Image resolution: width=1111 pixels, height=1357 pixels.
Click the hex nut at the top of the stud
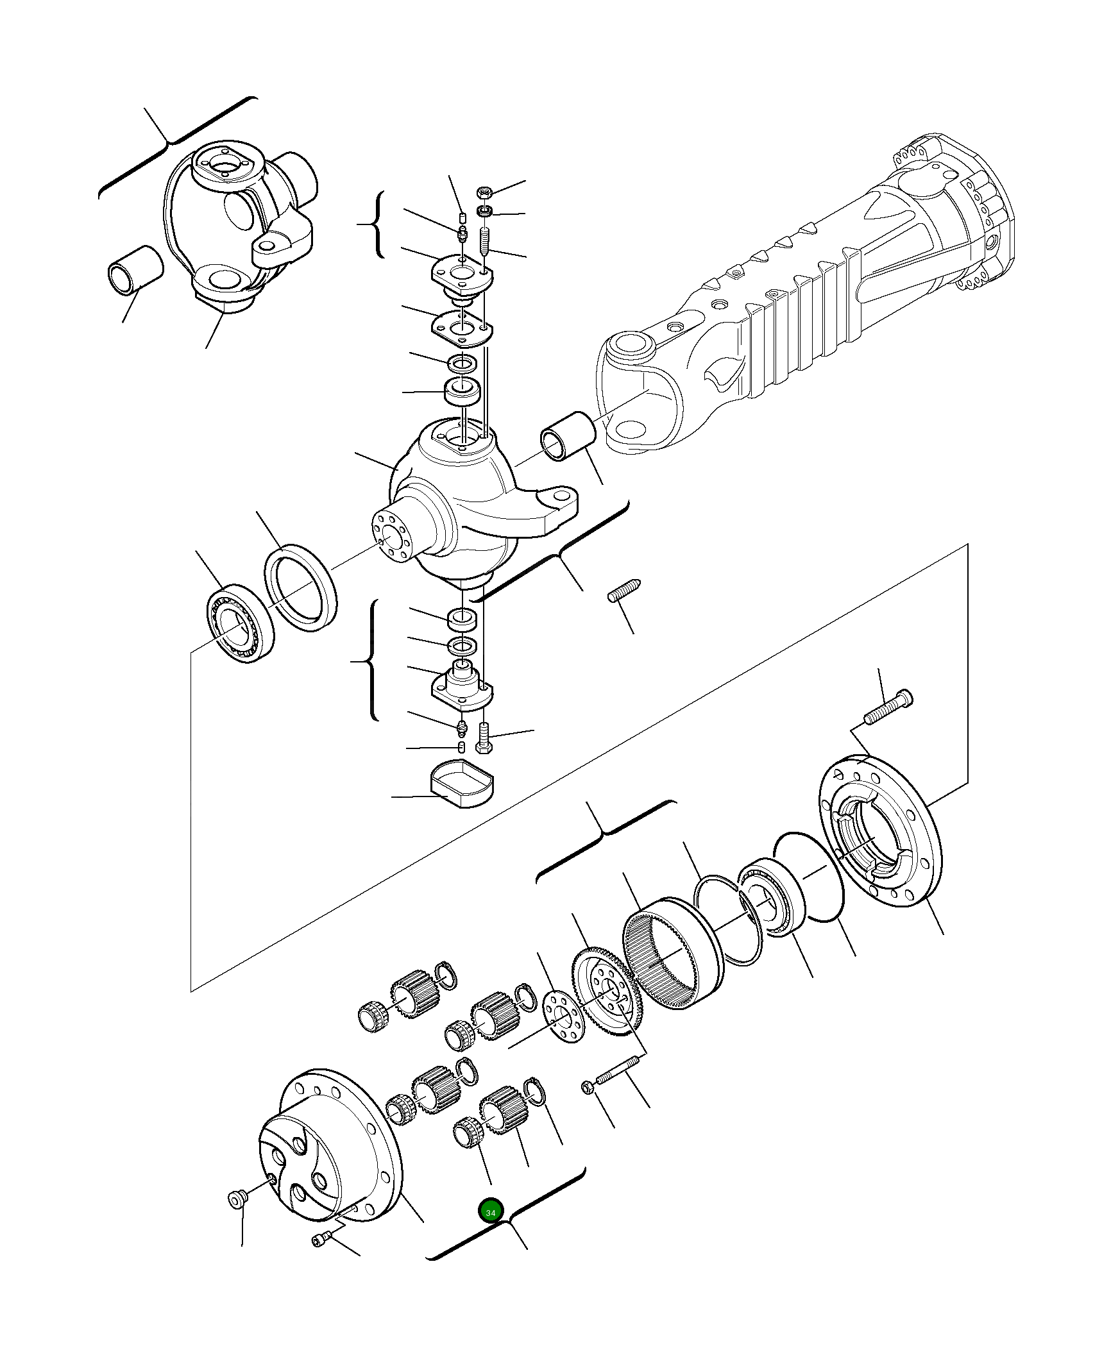click(x=485, y=192)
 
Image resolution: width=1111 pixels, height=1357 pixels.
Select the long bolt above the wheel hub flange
click(x=888, y=707)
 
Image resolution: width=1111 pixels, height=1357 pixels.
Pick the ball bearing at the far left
click(x=240, y=623)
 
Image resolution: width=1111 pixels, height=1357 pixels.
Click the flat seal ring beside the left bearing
click(x=301, y=587)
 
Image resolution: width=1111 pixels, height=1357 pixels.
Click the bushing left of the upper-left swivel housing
click(x=134, y=269)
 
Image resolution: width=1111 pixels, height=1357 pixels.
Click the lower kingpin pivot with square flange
click(x=462, y=688)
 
